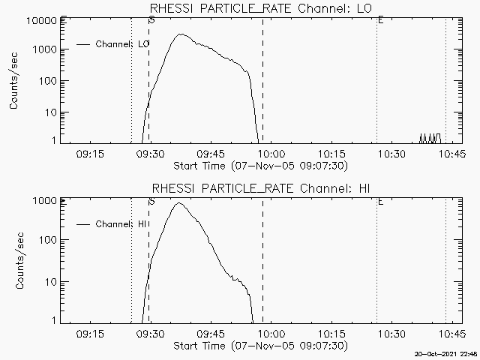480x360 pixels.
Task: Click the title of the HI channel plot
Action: coord(262,188)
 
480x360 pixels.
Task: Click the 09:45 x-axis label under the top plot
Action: coord(211,154)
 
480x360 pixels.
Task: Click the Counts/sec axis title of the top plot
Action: coord(15,82)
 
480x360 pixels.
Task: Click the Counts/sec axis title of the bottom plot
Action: coord(15,262)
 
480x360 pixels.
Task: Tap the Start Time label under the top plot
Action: coord(260,166)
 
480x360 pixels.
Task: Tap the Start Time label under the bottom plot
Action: coord(260,346)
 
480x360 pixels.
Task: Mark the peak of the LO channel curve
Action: coord(180,34)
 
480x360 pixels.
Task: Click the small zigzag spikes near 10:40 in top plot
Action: coord(430,139)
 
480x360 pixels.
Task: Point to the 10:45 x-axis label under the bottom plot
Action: coord(452,334)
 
